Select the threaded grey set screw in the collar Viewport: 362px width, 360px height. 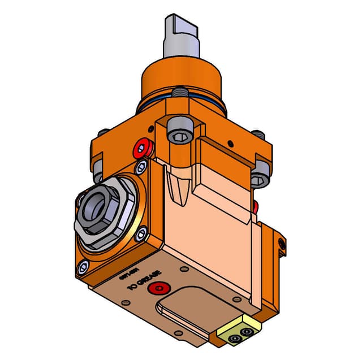tap(180, 92)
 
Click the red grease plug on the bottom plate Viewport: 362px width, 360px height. tap(155, 289)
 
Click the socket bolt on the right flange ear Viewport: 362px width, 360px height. tap(259, 176)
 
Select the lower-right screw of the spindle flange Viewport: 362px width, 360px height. tap(142, 232)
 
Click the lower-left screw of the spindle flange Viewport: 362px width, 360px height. tap(85, 266)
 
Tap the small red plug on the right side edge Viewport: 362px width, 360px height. tap(256, 204)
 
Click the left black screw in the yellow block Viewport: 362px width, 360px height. tap(233, 339)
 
